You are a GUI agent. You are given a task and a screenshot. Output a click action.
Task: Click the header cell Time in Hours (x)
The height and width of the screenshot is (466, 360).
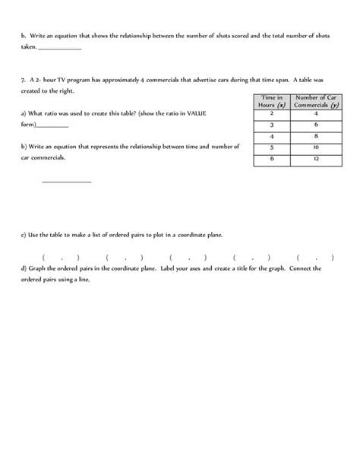click(271, 101)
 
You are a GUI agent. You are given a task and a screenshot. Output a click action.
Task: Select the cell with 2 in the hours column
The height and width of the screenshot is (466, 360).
click(271, 113)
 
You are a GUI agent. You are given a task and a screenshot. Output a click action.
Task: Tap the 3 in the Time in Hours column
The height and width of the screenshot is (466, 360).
click(271, 124)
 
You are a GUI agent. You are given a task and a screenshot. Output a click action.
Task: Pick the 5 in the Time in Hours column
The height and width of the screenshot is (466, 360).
click(271, 147)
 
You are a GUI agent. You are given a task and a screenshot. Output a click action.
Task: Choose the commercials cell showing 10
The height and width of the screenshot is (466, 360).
click(314, 147)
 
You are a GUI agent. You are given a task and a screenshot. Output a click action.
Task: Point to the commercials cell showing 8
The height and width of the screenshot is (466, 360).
click(314, 135)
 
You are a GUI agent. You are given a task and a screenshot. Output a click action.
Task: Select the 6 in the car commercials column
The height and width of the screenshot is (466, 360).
click(314, 124)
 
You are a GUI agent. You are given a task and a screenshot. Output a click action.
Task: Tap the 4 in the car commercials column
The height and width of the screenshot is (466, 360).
click(314, 113)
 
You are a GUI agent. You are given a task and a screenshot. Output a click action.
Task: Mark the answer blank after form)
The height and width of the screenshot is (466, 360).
click(52, 125)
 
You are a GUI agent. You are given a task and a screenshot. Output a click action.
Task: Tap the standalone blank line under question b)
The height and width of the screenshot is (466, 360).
click(66, 181)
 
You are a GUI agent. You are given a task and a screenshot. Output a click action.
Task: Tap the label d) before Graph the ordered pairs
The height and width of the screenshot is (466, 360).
click(25, 268)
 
